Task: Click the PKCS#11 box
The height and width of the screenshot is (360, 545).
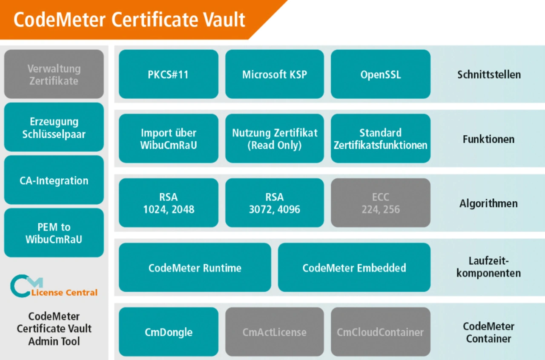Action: pyautogui.click(x=168, y=74)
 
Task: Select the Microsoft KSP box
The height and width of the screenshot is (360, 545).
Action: pyautogui.click(x=275, y=74)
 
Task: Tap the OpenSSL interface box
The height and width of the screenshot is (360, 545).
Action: pyautogui.click(x=381, y=74)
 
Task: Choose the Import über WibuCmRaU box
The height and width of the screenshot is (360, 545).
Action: pyautogui.click(x=168, y=139)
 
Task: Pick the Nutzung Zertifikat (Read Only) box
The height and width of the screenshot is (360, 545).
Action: pyautogui.click(x=275, y=139)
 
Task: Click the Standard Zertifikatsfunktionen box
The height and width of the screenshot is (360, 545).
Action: pyautogui.click(x=381, y=139)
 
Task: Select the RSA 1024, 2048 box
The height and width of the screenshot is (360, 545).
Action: pyautogui.click(x=168, y=203)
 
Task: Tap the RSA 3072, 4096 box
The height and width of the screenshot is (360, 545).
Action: pyautogui.click(x=275, y=203)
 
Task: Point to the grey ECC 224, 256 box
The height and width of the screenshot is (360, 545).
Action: pyautogui.click(x=381, y=203)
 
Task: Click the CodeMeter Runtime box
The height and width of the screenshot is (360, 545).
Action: pyautogui.click(x=195, y=268)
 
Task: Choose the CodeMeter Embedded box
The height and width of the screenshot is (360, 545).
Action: pyautogui.click(x=354, y=268)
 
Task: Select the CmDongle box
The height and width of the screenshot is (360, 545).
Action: pyautogui.click(x=168, y=332)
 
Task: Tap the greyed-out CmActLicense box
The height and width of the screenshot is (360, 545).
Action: pyautogui.click(x=275, y=332)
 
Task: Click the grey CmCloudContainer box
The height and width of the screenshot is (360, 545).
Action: pyautogui.click(x=381, y=332)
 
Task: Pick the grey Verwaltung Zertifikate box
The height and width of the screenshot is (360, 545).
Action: pyautogui.click(x=54, y=74)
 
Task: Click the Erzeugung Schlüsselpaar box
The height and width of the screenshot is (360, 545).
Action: pyautogui.click(x=54, y=127)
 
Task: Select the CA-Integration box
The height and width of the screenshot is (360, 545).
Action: pyautogui.click(x=54, y=180)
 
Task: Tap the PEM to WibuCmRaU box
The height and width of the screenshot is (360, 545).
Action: pyautogui.click(x=54, y=233)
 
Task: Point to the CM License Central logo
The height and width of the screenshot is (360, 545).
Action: pyautogui.click(x=54, y=286)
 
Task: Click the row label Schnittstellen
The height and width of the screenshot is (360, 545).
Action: pyautogui.click(x=489, y=74)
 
